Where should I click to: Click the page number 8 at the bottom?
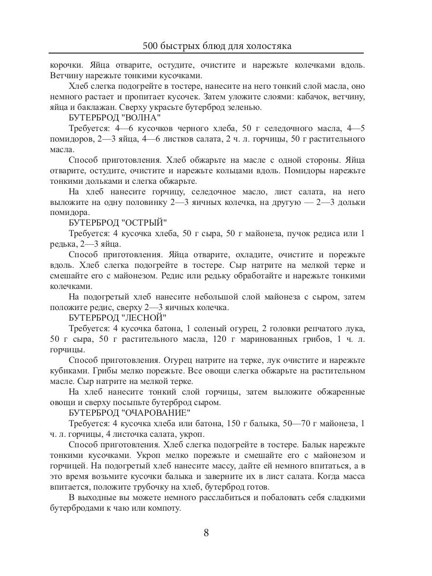point(206,532)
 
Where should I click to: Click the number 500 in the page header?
point(151,46)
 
